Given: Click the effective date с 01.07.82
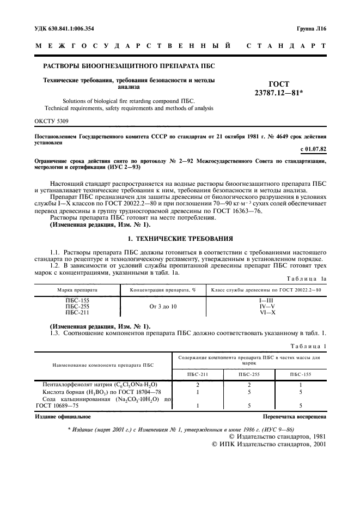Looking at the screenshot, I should [313, 148].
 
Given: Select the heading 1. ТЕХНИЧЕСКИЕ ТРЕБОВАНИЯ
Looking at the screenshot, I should [180, 238].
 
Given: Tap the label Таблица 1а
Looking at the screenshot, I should [307, 278].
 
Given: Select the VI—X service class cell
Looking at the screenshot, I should [266, 313].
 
